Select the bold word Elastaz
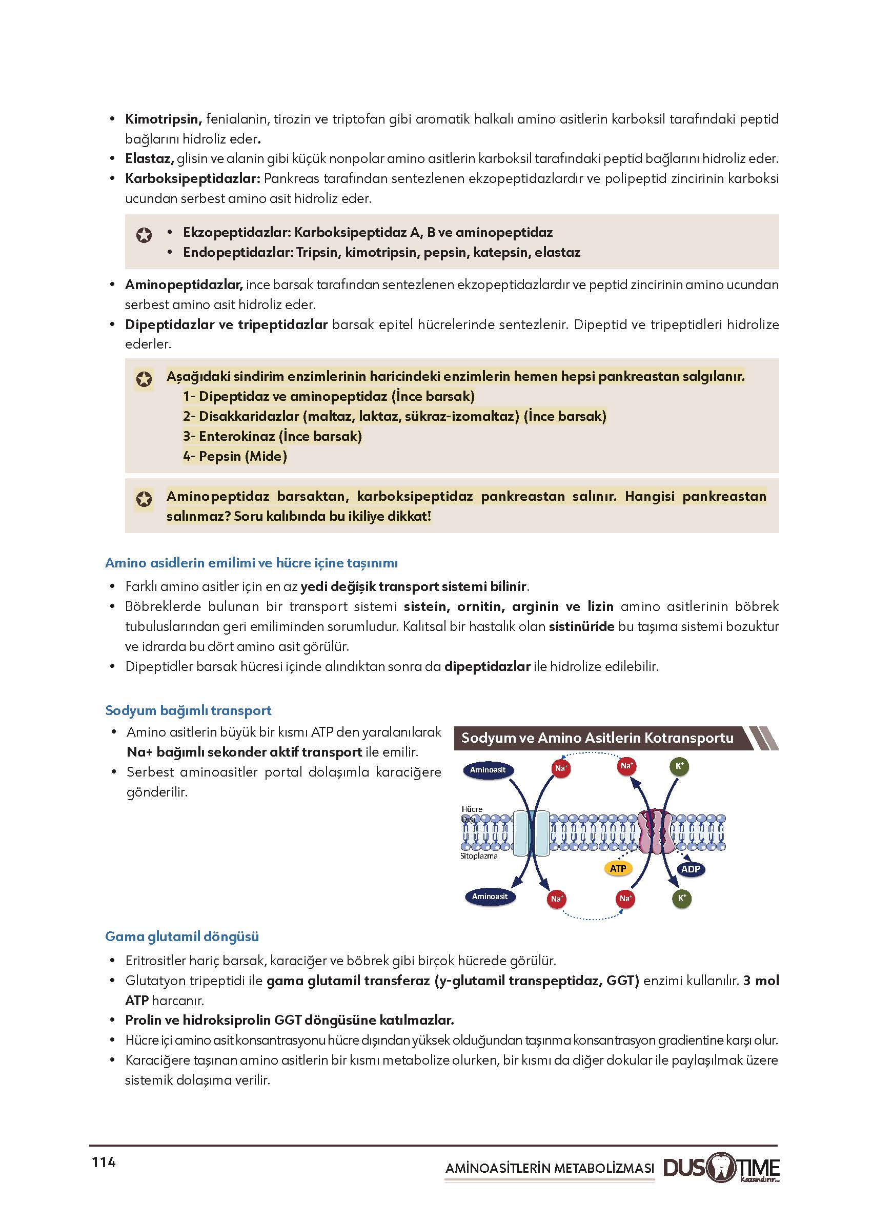[x=149, y=158]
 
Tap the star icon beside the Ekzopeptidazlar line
[x=144, y=235]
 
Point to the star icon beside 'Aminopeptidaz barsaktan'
[x=144, y=499]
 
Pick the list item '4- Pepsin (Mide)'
[x=235, y=456]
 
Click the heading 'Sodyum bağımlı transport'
[x=188, y=710]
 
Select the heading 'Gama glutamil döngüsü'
[x=181, y=936]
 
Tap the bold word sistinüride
[x=581, y=626]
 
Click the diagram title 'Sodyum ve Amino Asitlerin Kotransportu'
[x=597, y=738]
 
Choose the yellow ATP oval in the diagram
[x=618, y=868]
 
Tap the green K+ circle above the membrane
[x=679, y=766]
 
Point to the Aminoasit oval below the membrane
[x=489, y=896]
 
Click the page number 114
[x=104, y=1163]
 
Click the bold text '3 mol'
[x=760, y=981]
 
